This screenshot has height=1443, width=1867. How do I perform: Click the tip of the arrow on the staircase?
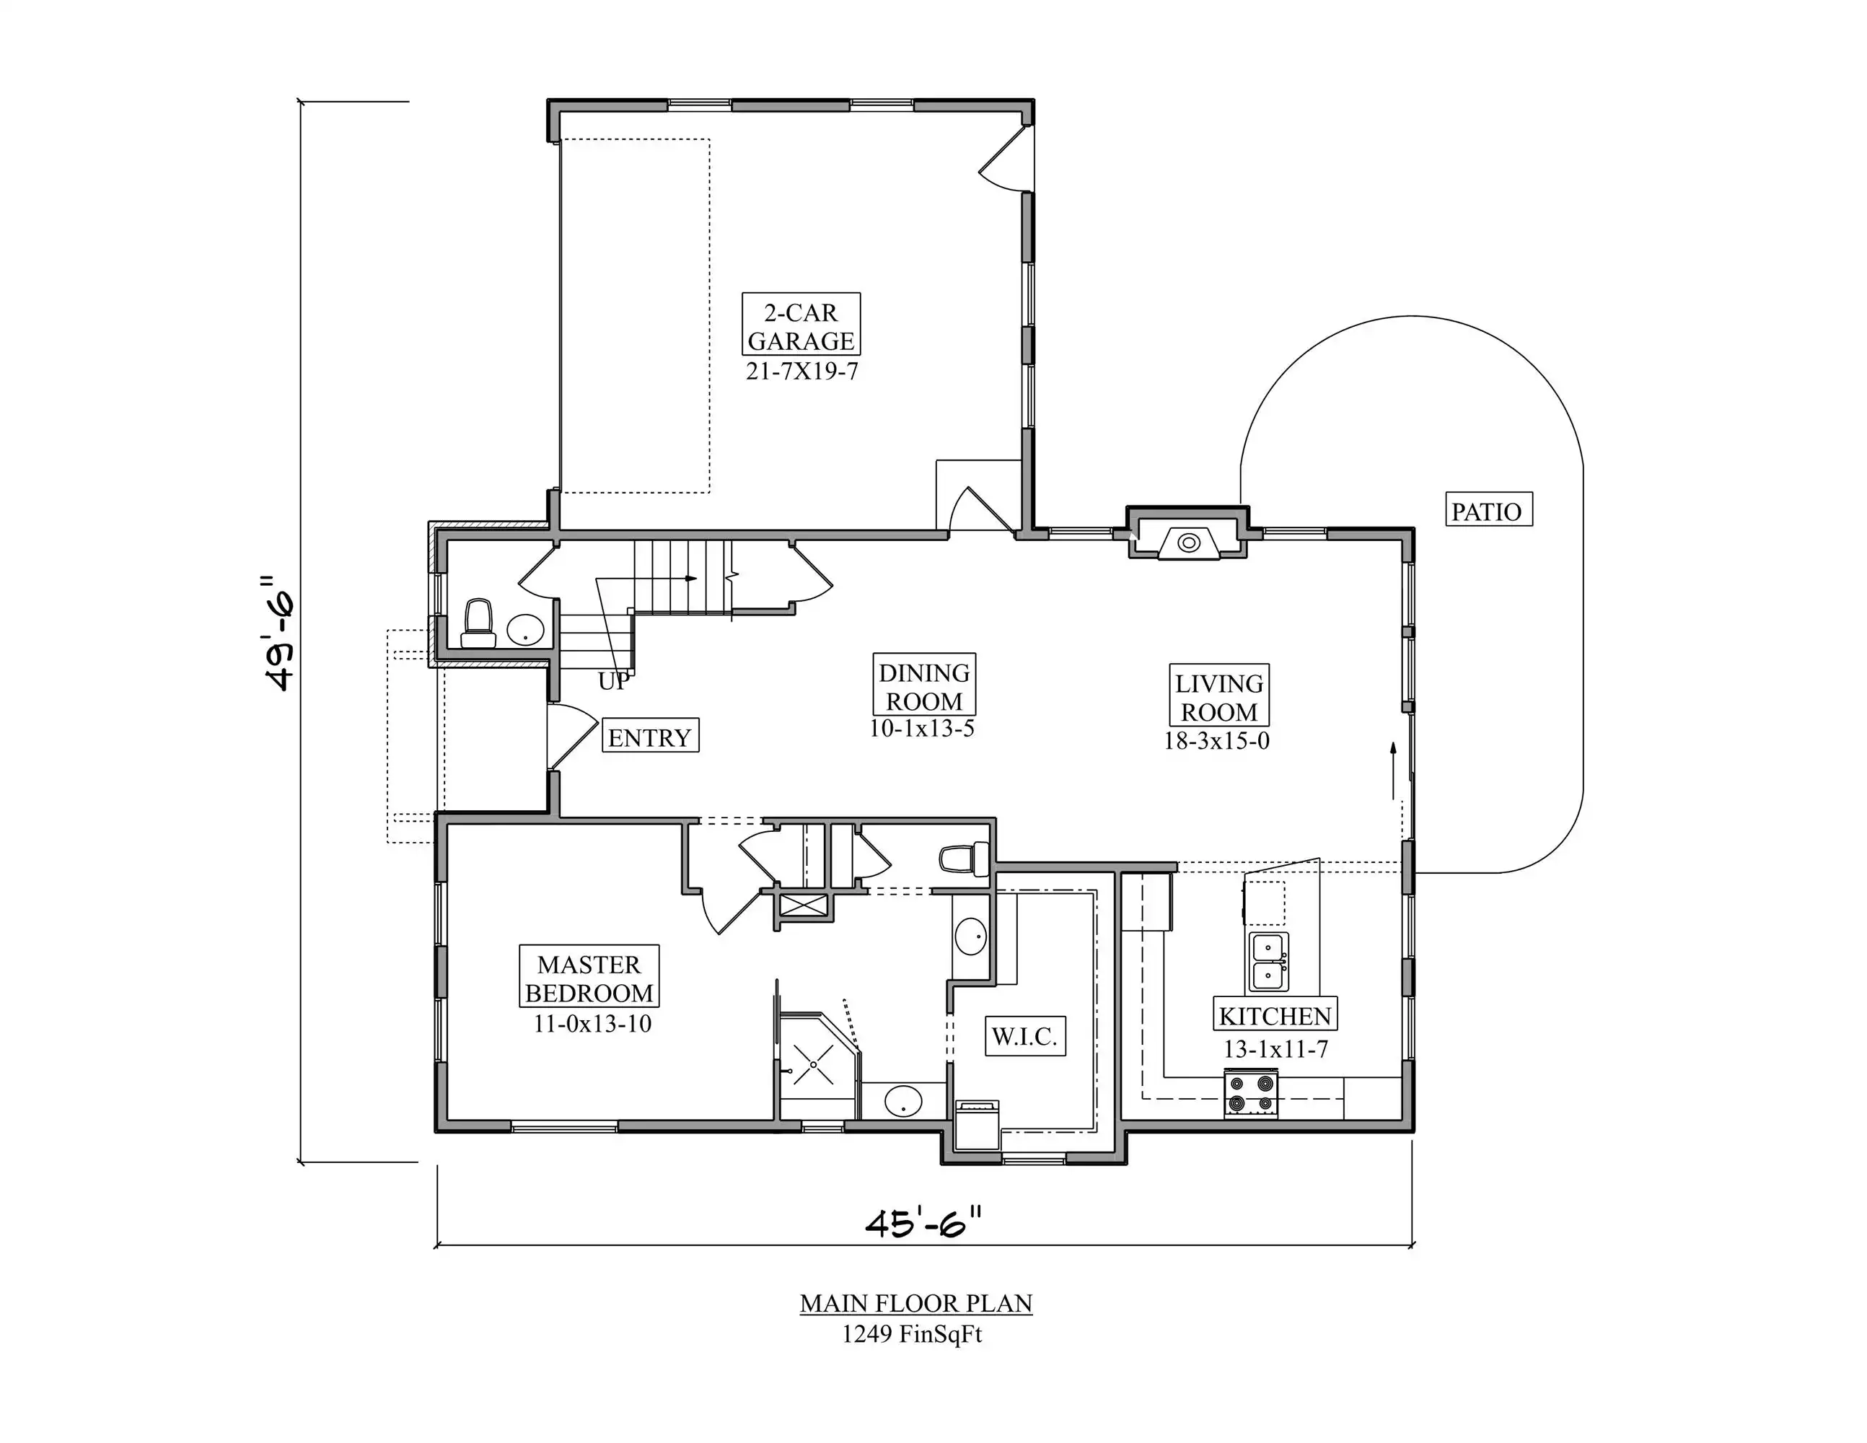point(697,579)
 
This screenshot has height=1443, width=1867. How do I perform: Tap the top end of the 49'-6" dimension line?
point(301,101)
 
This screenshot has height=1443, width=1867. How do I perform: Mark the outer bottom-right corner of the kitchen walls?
point(1414,1132)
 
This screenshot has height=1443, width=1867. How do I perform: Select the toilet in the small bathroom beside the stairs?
point(478,623)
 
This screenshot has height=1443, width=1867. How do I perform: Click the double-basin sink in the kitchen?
point(1269,962)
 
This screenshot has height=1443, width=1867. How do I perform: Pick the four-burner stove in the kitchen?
point(1252,1093)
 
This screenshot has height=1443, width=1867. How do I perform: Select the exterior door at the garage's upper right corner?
point(1006,157)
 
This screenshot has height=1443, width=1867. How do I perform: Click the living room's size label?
point(1216,741)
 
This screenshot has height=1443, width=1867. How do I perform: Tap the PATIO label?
point(1488,512)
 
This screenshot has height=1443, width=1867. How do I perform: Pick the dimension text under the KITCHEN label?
point(1275,1049)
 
